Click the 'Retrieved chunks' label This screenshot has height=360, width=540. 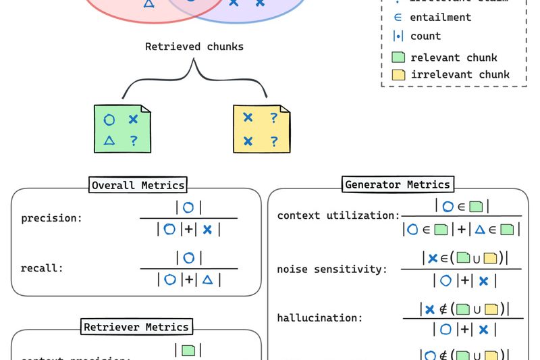[x=194, y=47]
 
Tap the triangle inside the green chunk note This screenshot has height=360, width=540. [x=109, y=140]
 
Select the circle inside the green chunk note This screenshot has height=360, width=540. [x=109, y=120]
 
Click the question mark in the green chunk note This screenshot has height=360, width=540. [x=134, y=141]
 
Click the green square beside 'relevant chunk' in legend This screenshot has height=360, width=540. [x=398, y=57]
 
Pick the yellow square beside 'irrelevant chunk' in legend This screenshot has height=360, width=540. [x=398, y=74]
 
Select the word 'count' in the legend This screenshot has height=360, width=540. [x=425, y=36]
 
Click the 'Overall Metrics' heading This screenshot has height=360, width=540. [x=138, y=185]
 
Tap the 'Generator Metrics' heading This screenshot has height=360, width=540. [x=397, y=184]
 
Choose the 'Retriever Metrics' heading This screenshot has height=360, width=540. [x=137, y=327]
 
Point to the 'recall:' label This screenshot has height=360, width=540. [x=41, y=267]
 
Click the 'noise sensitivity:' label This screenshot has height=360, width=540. [x=332, y=269]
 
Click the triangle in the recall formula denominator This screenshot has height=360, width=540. [x=208, y=279]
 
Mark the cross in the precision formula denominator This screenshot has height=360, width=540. [x=207, y=230]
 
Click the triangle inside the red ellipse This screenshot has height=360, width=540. [x=148, y=4]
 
